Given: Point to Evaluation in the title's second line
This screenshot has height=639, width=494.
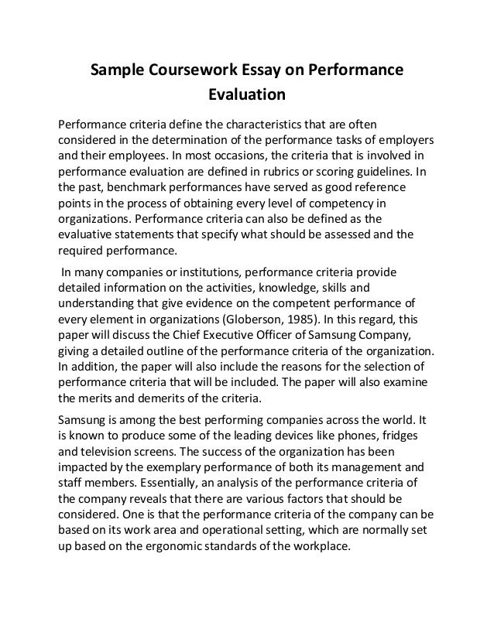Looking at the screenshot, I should click(247, 97).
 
